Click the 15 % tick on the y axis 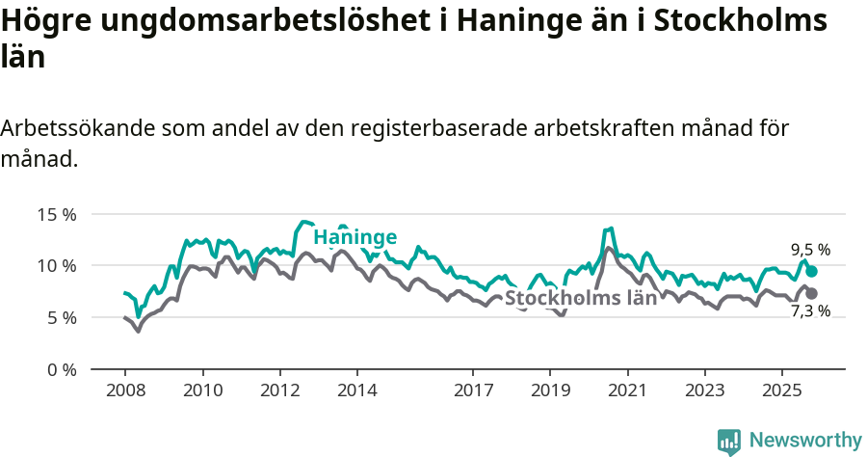57,214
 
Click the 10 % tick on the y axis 57,265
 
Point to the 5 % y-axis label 62,317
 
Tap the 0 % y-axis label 62,369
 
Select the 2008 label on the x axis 125,390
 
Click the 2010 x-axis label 202,390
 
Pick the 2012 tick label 279,390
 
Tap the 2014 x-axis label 356,390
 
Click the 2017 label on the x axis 473,390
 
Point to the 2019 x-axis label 550,390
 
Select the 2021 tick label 627,390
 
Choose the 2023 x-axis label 704,390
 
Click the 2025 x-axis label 781,390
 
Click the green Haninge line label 355,237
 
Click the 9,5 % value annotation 810,250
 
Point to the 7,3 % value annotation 810,311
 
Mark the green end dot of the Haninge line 811,272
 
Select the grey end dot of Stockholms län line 811,293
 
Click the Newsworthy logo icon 729,442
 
